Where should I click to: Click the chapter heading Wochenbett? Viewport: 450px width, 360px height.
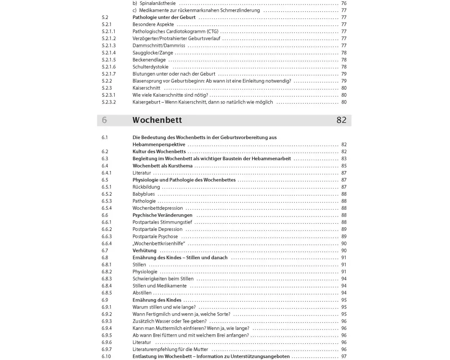pos(157,121)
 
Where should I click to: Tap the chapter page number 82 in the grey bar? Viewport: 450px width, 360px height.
pos(341,121)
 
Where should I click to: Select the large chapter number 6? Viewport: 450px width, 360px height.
pos(104,121)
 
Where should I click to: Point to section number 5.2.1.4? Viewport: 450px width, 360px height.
pos(108,53)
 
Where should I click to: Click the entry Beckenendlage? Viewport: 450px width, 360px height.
pos(149,60)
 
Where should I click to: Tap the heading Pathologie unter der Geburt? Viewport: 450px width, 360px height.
pos(164,17)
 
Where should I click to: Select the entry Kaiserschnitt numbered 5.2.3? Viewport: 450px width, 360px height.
pos(146,88)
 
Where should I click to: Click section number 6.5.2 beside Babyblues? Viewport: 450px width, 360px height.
pos(107,194)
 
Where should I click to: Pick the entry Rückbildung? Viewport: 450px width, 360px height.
pos(146,187)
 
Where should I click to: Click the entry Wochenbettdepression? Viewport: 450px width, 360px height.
pos(157,208)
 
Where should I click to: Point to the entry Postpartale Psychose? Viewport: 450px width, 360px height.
pos(155,236)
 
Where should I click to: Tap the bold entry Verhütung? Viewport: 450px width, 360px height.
pos(144,250)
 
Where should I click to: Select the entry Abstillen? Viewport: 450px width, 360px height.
pos(143,292)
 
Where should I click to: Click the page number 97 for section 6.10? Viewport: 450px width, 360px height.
pos(344,356)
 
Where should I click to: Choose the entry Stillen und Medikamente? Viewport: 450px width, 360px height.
pos(159,286)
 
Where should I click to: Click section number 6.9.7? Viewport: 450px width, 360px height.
pos(107,349)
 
